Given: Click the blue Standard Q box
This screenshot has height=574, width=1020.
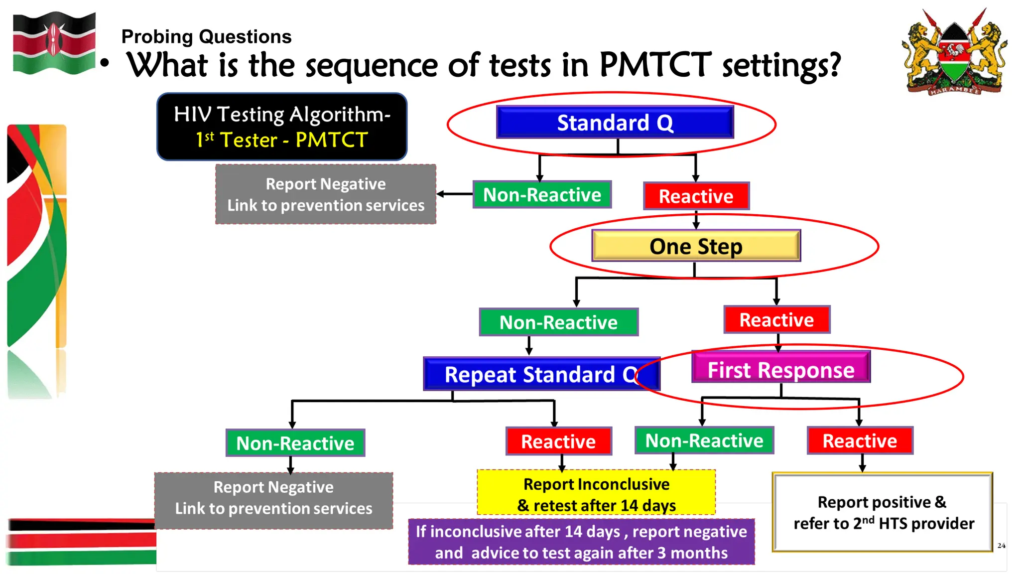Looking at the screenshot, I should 615,123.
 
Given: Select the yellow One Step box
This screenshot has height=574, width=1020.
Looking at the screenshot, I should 696,246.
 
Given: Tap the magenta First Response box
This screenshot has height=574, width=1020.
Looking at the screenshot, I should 780,370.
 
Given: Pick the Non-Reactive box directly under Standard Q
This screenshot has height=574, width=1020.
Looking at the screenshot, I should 542,195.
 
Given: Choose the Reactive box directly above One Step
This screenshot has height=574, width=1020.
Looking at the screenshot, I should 696,196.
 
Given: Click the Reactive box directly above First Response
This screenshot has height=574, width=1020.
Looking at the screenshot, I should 776,320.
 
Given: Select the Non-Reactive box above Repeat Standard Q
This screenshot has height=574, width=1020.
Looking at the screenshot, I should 558,322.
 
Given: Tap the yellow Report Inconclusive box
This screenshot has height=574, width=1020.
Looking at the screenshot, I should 596,494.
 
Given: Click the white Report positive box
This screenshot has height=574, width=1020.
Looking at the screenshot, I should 882,513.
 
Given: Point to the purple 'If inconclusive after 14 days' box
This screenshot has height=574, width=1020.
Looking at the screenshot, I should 581,542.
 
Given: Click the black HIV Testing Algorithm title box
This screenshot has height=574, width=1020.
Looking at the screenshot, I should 282,127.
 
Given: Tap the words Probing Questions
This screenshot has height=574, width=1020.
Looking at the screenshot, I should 206,37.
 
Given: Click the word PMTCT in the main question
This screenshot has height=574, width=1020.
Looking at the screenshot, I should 655,65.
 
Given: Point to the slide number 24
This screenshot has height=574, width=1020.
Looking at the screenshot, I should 1001,546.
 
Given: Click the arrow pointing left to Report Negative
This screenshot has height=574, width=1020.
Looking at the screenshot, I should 454,194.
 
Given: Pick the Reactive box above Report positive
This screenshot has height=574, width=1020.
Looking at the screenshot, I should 860,441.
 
